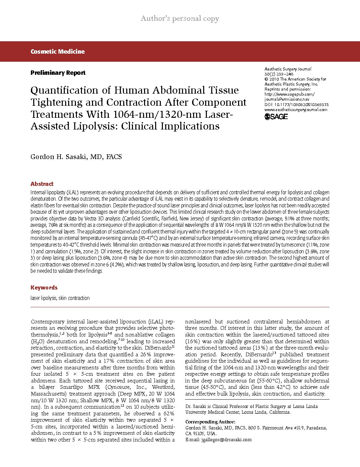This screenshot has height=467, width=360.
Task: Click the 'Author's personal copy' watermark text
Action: [180, 18]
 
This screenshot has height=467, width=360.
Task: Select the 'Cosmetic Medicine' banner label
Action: [57, 52]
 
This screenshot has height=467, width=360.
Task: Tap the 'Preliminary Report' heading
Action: [58, 73]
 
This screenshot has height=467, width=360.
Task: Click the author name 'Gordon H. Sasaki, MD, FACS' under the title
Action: [76, 157]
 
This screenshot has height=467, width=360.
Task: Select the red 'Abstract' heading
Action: [42, 184]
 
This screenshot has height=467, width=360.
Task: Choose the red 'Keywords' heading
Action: [44, 288]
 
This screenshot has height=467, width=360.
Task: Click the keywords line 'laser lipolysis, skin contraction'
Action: [60, 298]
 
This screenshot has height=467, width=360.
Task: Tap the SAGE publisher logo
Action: [276, 117]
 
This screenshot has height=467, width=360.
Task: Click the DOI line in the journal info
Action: [297, 105]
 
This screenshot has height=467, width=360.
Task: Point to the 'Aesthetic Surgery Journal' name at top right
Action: [288, 69]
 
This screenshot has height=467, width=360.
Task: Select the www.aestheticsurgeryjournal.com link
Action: [296, 110]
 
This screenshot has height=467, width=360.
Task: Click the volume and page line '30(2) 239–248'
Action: [279, 74]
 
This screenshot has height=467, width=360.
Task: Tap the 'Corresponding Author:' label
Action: [210, 422]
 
